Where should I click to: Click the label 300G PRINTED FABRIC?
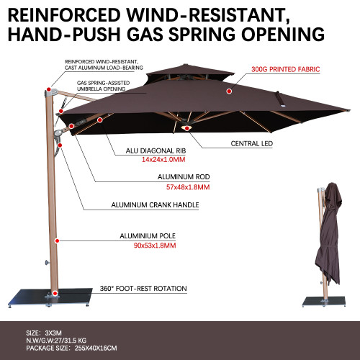(x=287, y=71)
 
